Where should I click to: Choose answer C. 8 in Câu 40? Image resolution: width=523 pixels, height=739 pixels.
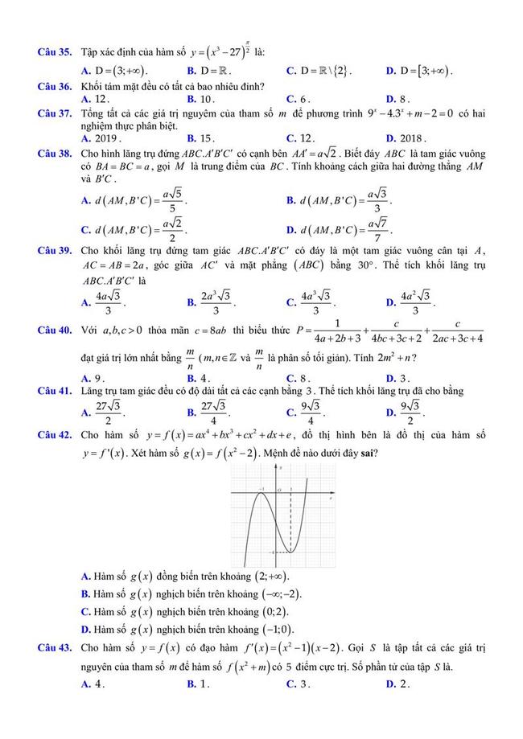click(299, 378)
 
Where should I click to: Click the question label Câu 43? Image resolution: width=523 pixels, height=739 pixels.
click(56, 647)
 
